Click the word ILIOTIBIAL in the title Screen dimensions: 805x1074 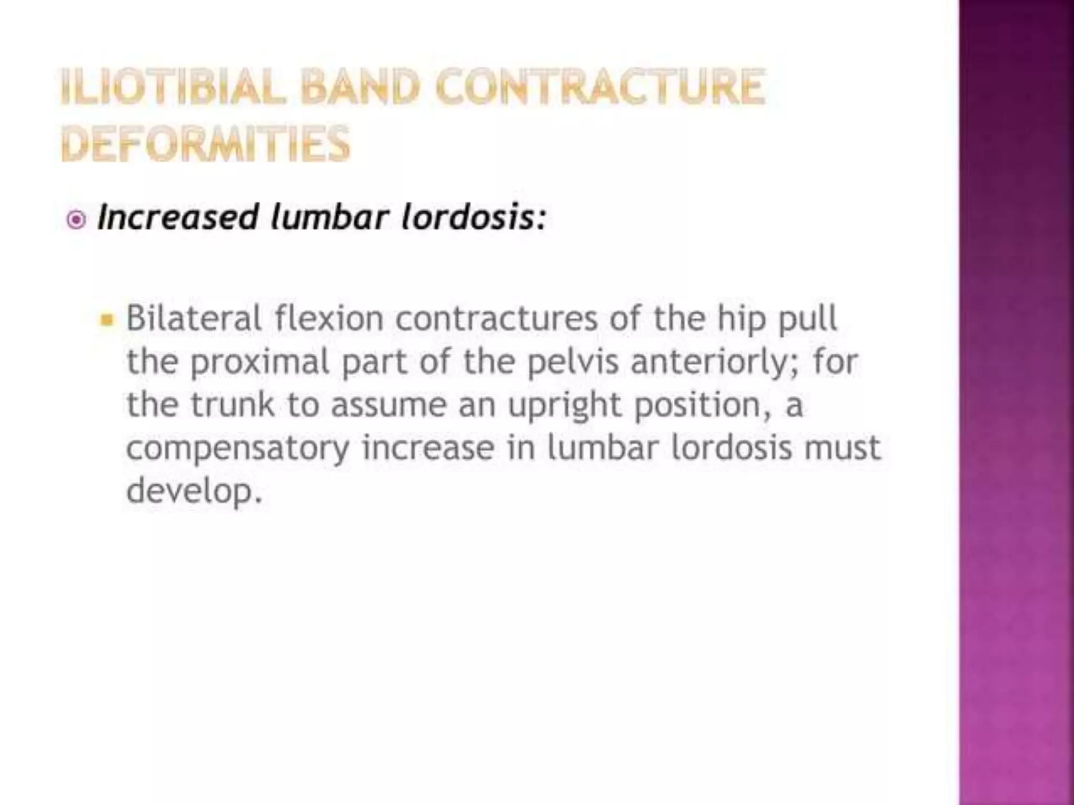[x=173, y=87]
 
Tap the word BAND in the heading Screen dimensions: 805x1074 [x=361, y=87]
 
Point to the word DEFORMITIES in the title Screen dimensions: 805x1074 [x=205, y=143]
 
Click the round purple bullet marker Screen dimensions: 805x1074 [x=77, y=220]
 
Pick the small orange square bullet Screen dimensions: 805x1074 [x=106, y=319]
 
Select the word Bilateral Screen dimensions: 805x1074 [x=194, y=318]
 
